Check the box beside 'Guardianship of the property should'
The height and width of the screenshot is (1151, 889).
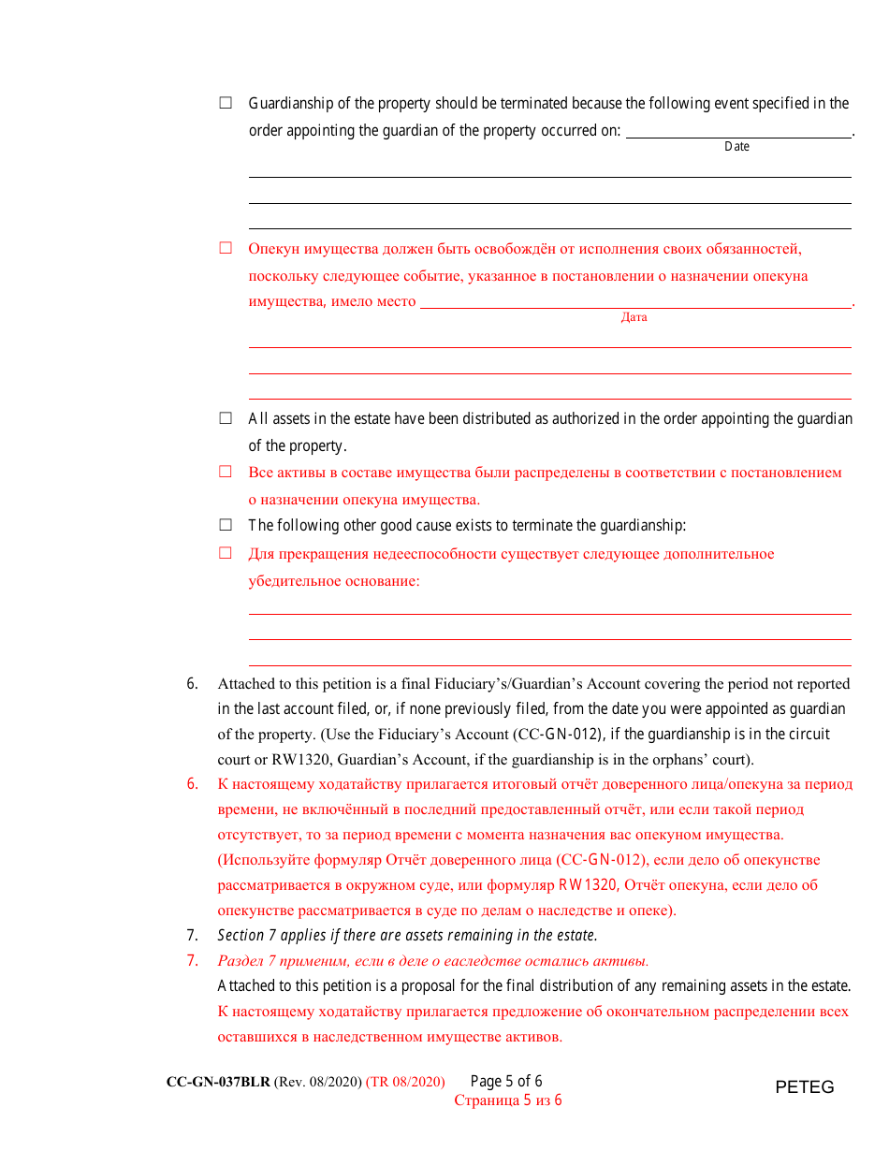coord(226,103)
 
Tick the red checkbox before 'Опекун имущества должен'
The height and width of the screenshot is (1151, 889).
coord(226,248)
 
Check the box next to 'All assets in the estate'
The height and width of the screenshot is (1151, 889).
coord(226,418)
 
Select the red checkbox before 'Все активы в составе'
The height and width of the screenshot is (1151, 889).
coord(226,472)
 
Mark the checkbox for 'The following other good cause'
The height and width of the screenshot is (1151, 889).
coord(226,525)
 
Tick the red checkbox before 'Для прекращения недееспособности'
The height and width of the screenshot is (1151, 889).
coord(226,553)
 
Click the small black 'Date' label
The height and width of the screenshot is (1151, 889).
coord(736,147)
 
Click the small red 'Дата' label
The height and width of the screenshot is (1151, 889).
coord(634,317)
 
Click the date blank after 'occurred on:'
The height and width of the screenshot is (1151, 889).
coord(737,131)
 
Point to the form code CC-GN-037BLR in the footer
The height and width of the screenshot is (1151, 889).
coord(218,1082)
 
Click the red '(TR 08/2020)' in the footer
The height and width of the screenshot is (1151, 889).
coord(405,1082)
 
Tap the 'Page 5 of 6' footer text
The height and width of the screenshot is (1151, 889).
coord(506,1081)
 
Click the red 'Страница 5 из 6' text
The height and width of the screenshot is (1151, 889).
coord(508,1100)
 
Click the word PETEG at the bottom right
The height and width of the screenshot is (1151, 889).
coord(804,1087)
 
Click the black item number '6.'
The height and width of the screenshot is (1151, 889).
coord(192,683)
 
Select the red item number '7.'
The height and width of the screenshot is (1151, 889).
coord(192,960)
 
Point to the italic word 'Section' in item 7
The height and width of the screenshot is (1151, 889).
coord(240,935)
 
